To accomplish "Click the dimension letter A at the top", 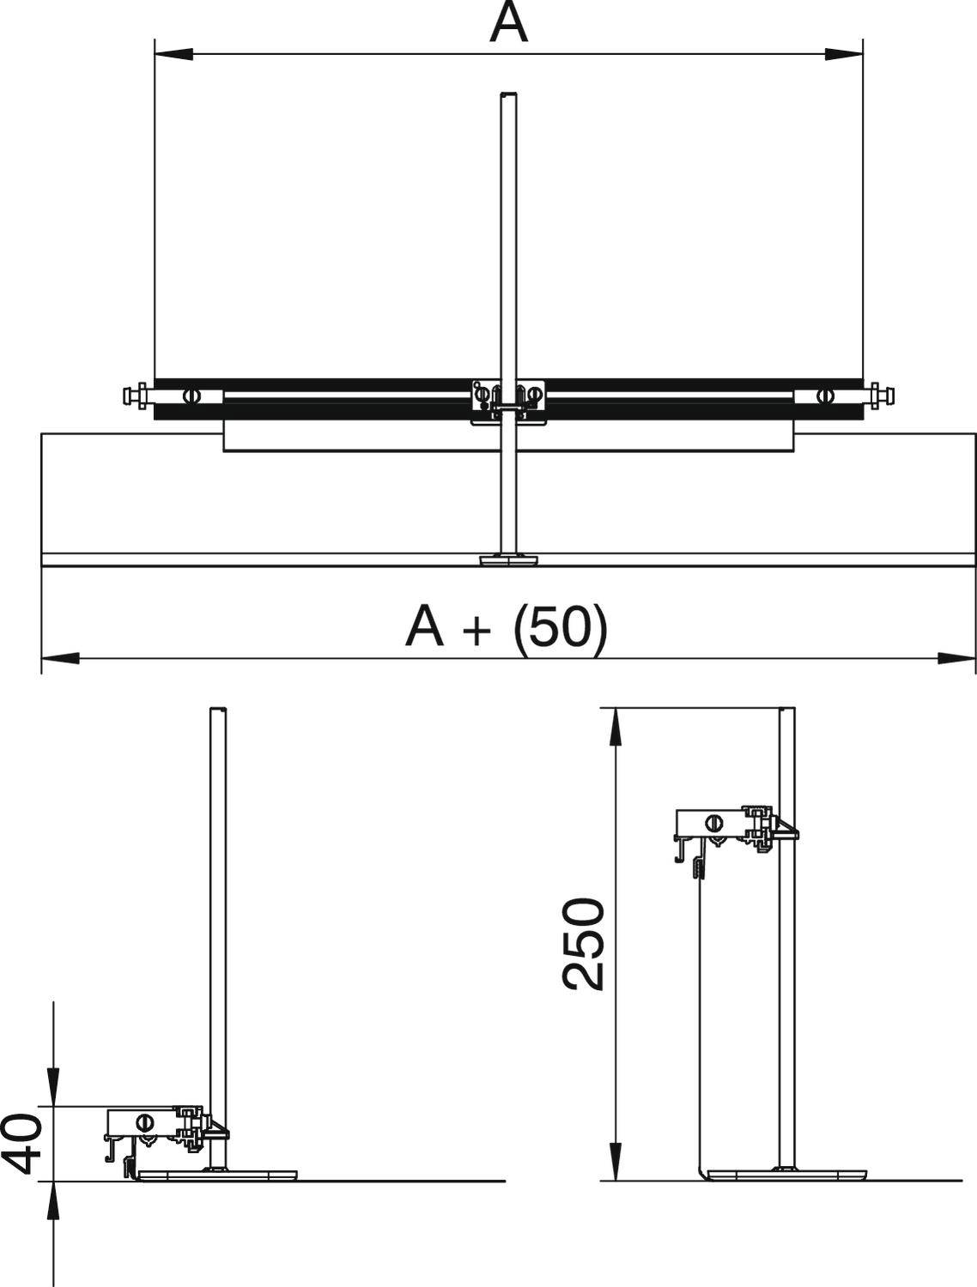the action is click(x=508, y=22).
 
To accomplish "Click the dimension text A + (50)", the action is click(x=506, y=627).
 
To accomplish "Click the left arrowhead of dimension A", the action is click(x=173, y=54).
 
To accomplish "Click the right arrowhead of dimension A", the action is click(x=843, y=54).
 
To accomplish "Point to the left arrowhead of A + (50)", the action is click(x=60, y=658).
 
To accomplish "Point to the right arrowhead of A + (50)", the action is click(x=956, y=658).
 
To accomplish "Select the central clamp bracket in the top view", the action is click(x=508, y=402).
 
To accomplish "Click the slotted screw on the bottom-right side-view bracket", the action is click(x=715, y=823).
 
